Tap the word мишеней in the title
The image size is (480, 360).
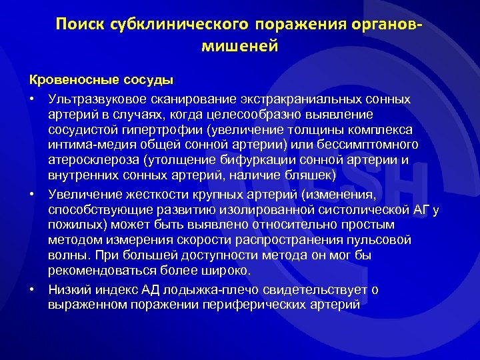click(239, 47)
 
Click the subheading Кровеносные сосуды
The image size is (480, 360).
click(101, 80)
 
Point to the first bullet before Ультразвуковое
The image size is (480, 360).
click(32, 99)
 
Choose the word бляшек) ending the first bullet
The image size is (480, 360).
click(307, 176)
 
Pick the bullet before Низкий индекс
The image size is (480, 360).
click(32, 289)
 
